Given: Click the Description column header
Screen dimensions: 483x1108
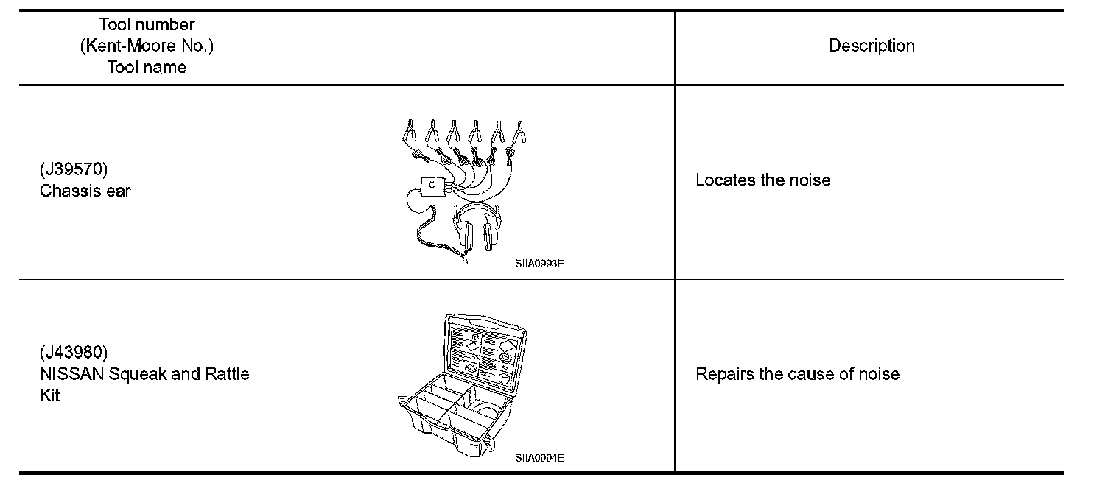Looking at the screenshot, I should pos(872,46).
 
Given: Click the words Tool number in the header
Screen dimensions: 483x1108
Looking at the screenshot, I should pos(147,25).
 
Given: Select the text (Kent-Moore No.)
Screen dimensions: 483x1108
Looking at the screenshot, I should pos(147,46).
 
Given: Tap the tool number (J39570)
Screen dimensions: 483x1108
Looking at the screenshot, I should pos(74,169).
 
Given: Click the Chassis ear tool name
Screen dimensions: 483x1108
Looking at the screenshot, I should pos(85,191).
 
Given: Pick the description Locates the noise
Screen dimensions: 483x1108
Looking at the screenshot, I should pos(762,180).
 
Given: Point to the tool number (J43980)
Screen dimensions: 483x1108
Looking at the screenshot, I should pos(74,352).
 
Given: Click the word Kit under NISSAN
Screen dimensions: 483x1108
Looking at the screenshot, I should pos(49,395).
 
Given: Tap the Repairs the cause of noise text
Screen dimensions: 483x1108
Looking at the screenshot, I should pos(797,374).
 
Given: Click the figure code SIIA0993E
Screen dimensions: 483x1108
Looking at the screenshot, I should pos(539,261).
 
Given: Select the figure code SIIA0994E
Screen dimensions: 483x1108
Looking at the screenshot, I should pos(539,457).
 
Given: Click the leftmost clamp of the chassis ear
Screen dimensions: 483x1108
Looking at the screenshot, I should pos(410,133).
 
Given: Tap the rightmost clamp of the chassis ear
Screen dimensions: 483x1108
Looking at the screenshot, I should pos(520,133).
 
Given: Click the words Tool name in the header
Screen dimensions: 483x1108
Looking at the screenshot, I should pos(147,67).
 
